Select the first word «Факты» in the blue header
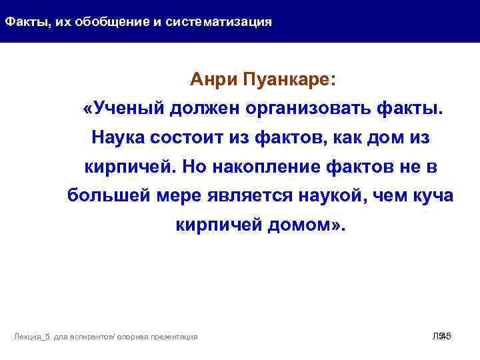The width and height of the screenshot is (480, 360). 23,22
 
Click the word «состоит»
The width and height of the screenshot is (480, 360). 186,138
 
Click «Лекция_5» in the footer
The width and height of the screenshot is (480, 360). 33,337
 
